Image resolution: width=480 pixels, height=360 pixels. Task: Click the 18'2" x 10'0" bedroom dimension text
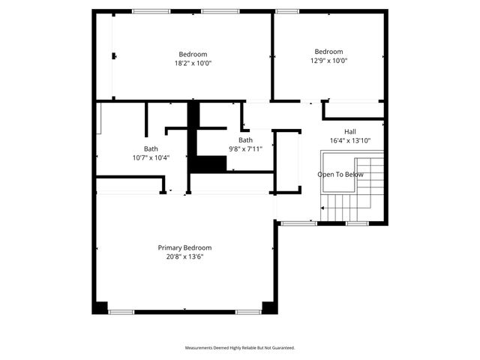193,64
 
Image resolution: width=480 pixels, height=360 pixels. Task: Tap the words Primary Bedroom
184,247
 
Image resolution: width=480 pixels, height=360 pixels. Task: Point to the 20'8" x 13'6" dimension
184,256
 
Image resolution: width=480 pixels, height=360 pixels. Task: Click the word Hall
350,131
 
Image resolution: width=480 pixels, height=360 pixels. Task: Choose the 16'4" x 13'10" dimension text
350,140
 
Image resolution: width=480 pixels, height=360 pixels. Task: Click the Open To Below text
340,175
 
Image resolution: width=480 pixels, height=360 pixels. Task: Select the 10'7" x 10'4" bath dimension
151,157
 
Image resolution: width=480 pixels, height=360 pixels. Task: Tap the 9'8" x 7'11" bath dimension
245,149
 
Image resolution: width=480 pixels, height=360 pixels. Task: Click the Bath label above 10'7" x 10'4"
151,148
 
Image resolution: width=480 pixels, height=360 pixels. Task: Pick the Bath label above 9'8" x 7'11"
245,140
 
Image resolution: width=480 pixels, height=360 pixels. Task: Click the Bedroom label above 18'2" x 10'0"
193,54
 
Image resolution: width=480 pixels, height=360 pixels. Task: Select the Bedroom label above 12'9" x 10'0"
328,52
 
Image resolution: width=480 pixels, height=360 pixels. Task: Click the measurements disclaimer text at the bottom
240,348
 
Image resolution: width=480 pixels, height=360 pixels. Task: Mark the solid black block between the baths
208,163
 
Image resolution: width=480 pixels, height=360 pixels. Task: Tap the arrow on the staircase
324,210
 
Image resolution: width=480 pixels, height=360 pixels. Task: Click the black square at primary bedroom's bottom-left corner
100,307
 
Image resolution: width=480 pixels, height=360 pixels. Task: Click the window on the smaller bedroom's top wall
285,11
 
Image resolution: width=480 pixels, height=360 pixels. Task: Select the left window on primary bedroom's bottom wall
121,311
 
